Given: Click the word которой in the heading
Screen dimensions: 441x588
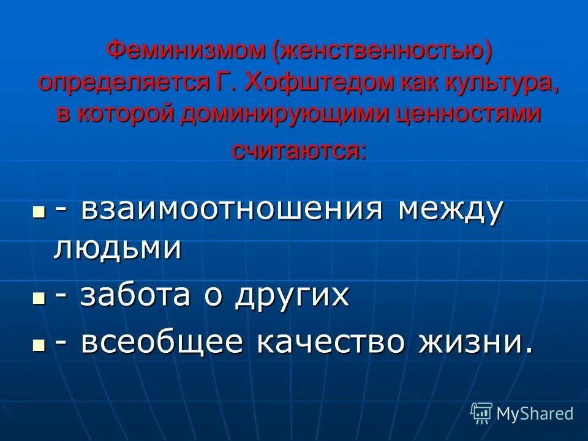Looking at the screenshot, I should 138,115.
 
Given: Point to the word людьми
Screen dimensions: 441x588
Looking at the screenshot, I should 118,248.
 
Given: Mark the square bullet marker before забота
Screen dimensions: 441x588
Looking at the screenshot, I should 39,297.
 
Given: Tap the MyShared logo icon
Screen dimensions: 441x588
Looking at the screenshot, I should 481,413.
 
